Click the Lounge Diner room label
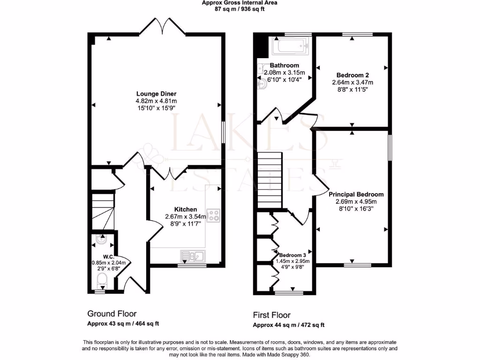click(156, 93)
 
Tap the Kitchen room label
click(186, 209)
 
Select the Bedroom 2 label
click(350, 75)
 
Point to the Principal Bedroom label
click(356, 194)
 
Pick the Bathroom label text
click(285, 65)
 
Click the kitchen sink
click(193, 255)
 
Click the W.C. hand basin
click(101, 240)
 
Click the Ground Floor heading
click(112, 314)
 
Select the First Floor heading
click(271, 315)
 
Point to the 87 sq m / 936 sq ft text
click(240, 9)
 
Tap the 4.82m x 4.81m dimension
click(156, 101)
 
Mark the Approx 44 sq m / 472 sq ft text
click(289, 325)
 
